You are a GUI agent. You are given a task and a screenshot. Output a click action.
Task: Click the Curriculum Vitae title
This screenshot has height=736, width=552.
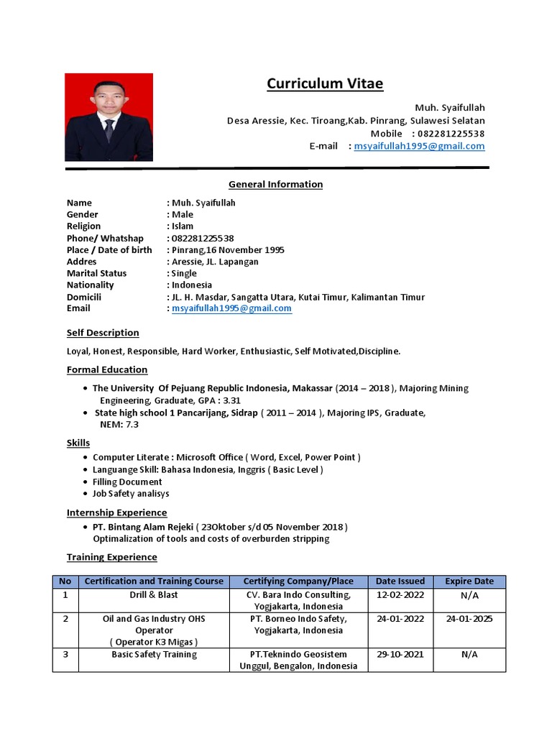click(x=325, y=84)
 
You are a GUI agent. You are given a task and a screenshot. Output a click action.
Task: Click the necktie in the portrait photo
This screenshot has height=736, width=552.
click(x=109, y=130)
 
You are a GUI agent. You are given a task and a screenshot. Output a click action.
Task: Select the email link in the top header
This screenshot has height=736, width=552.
click(x=419, y=146)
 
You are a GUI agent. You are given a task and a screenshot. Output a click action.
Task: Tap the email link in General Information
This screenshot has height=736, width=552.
click(x=231, y=308)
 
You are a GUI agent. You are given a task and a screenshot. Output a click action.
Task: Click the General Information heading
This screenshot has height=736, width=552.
click(x=275, y=185)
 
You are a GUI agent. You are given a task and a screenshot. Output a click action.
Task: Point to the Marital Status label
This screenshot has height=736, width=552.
click(x=96, y=273)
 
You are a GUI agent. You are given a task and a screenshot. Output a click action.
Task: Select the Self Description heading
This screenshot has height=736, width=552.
click(x=103, y=333)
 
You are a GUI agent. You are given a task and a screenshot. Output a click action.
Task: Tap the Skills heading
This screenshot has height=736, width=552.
click(x=78, y=443)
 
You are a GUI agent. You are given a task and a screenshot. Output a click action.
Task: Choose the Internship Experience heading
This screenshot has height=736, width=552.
click(x=116, y=512)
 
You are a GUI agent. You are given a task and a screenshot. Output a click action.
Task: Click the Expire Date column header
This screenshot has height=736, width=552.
click(x=469, y=581)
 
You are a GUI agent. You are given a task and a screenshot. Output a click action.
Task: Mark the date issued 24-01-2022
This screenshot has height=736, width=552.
click(x=400, y=619)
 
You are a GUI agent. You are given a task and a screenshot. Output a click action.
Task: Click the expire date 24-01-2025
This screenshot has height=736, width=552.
click(x=469, y=619)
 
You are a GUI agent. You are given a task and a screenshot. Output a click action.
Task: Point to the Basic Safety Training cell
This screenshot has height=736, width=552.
click(x=155, y=655)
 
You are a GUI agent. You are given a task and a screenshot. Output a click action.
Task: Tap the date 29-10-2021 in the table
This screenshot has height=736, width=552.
click(x=400, y=655)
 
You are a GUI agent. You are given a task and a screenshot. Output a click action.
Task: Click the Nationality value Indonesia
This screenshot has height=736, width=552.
click(x=192, y=285)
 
